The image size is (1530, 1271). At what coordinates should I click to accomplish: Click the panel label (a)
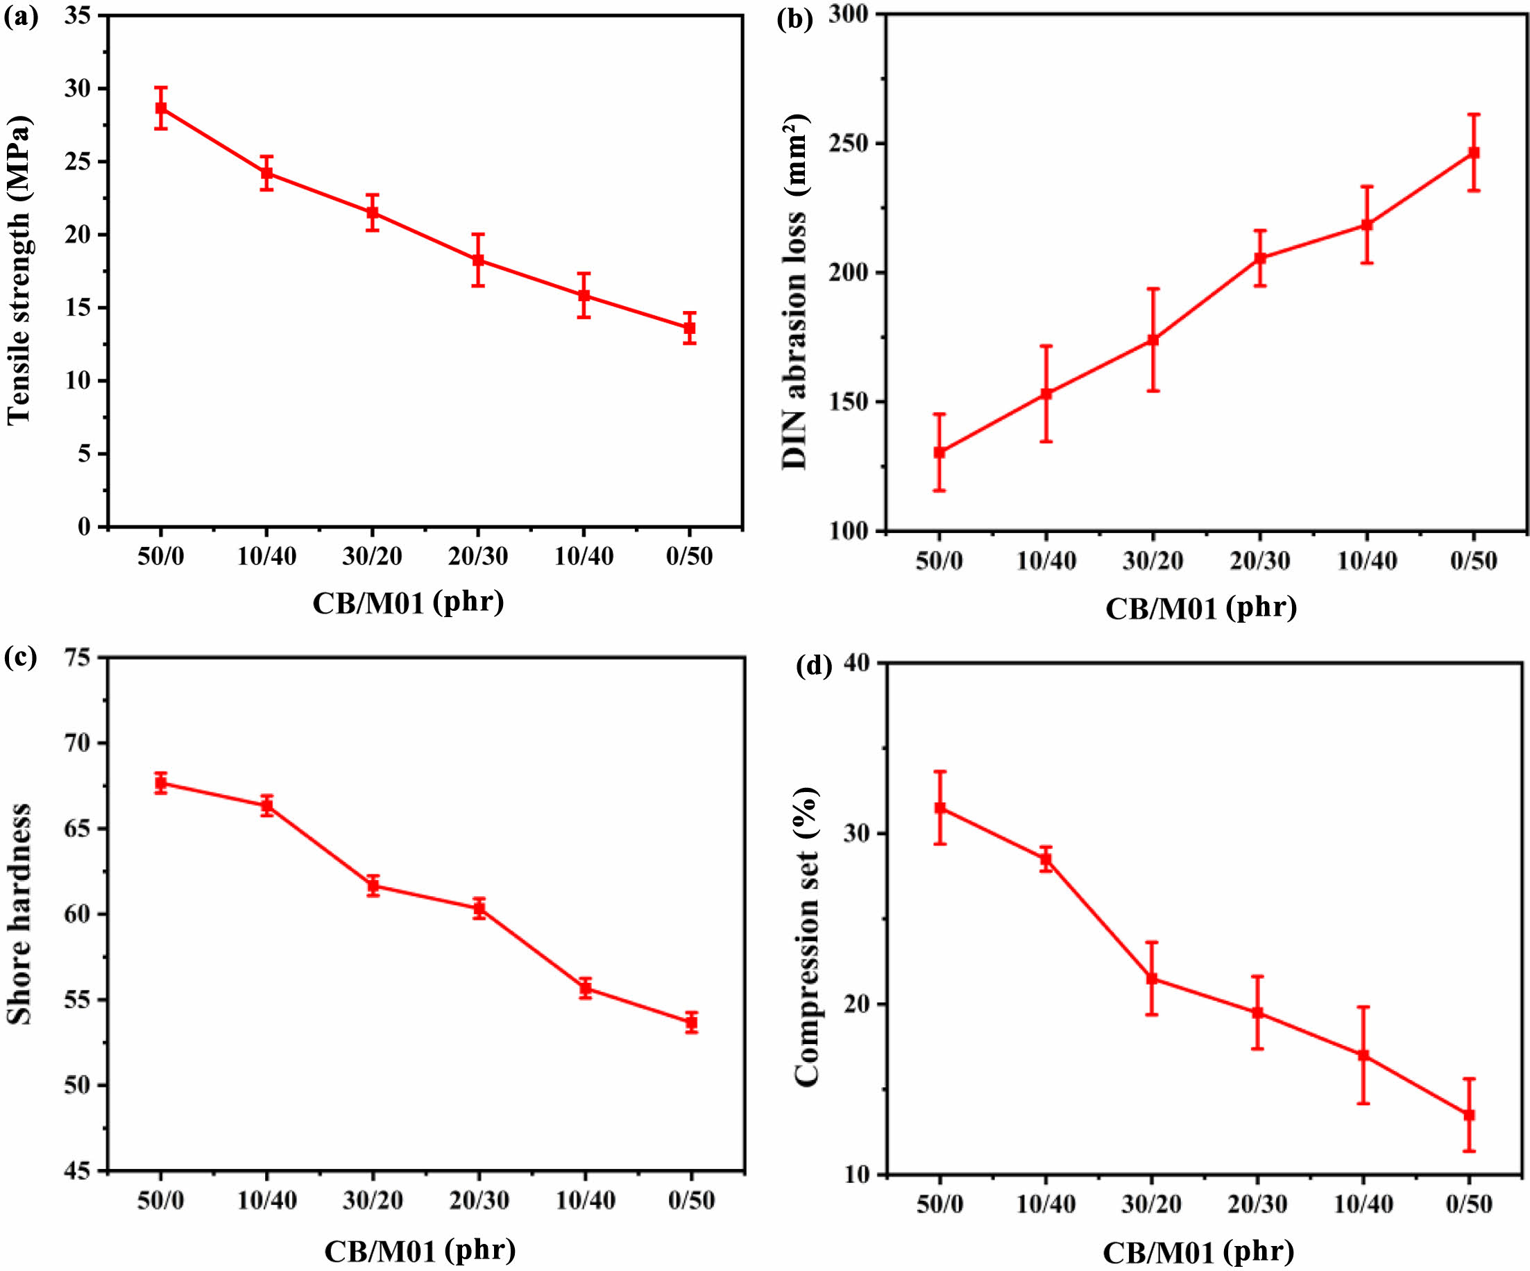[x=20, y=17]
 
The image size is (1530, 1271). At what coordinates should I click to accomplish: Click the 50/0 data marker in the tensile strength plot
[x=161, y=108]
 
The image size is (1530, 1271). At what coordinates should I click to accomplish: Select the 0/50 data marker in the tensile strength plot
[x=689, y=328]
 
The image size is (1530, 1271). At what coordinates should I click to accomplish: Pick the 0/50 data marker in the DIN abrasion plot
[x=1473, y=153]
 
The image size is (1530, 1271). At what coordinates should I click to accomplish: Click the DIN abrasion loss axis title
[x=795, y=292]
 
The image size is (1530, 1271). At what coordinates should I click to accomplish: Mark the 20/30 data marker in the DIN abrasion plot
[x=1259, y=258]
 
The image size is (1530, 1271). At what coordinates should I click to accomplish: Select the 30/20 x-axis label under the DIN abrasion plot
[x=1153, y=560]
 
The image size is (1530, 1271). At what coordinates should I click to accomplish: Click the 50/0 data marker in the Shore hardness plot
[x=161, y=784]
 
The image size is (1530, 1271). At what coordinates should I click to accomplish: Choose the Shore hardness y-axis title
[x=19, y=915]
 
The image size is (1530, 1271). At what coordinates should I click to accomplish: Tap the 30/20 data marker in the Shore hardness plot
[x=373, y=886]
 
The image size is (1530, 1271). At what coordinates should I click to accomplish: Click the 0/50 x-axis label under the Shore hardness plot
[x=690, y=1200]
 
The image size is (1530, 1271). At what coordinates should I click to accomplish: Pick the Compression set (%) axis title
[x=806, y=937]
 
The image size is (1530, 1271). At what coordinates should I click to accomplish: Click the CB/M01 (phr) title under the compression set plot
[x=1198, y=1252]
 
